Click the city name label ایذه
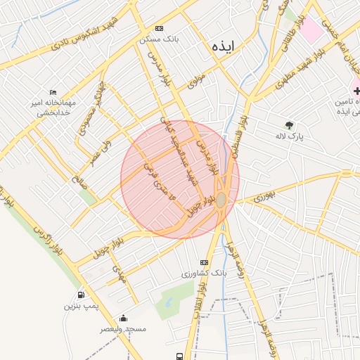pos(226,46)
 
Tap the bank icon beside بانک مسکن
pos(160,28)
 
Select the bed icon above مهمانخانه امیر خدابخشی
pos(53,92)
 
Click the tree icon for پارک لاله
pos(289,124)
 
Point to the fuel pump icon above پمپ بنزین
pos(82,295)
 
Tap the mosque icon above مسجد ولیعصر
pos(124,318)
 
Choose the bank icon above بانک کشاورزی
pos(204,262)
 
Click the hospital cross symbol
pos(356,90)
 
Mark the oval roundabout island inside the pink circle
pos(221,200)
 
